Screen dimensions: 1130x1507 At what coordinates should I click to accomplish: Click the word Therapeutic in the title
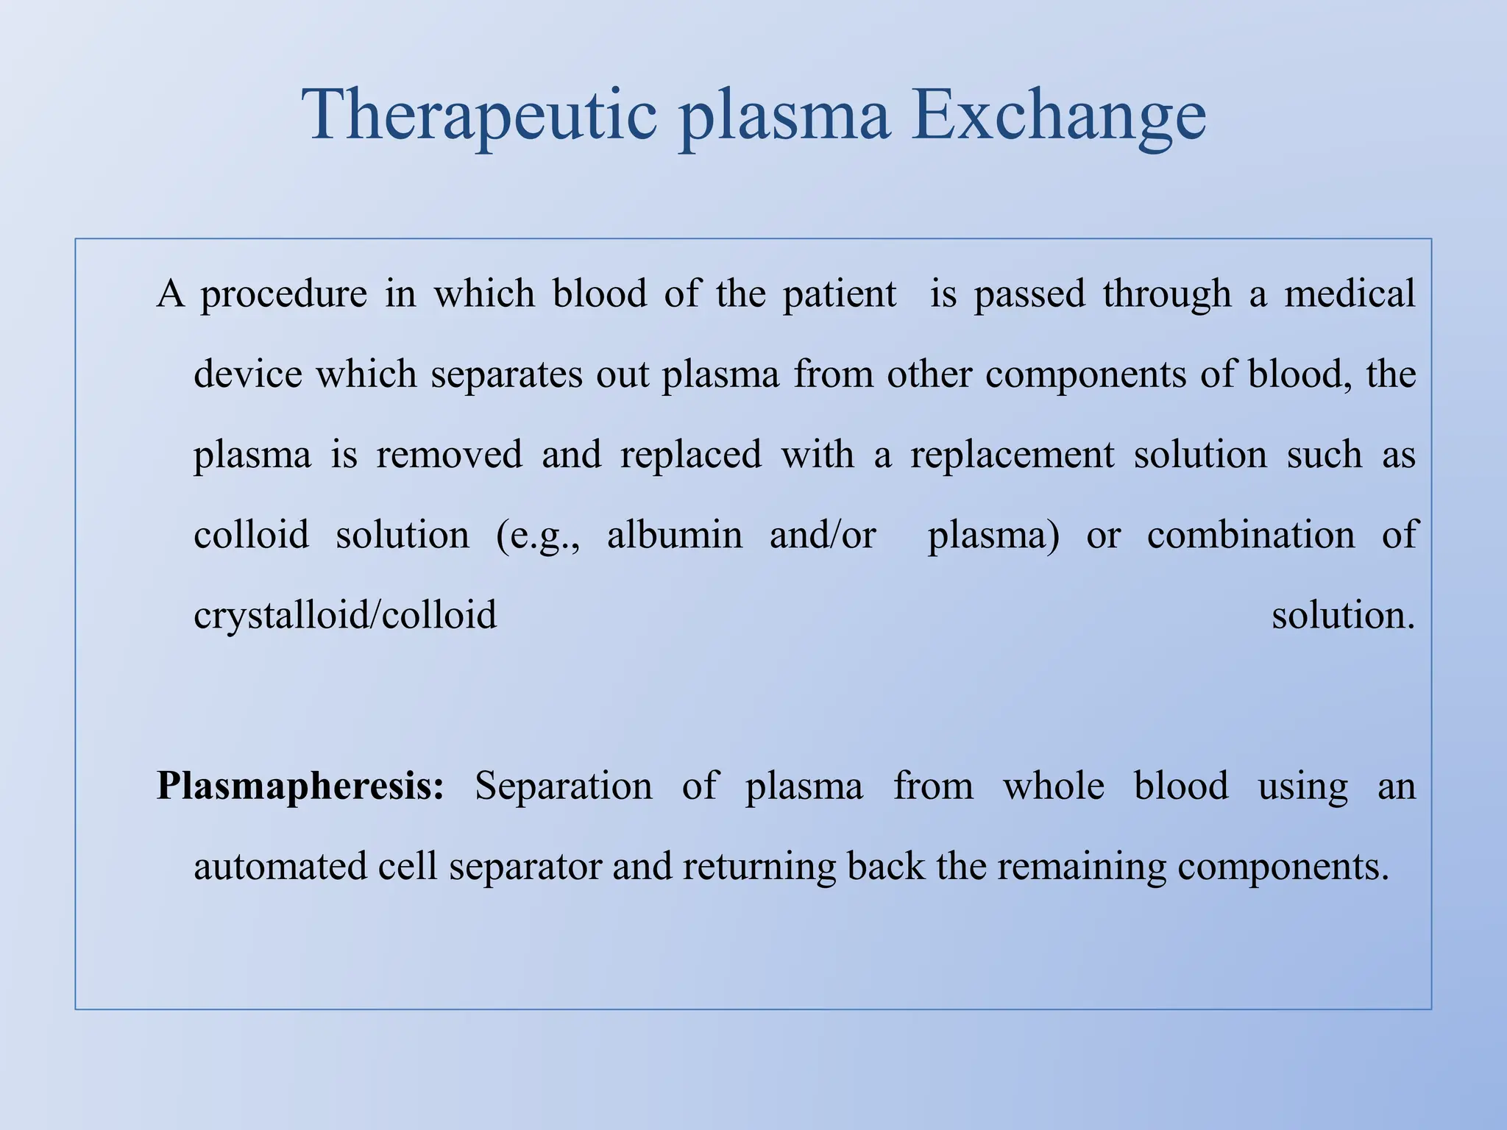pyautogui.click(x=479, y=116)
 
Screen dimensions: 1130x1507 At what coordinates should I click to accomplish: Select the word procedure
pyautogui.click(x=283, y=294)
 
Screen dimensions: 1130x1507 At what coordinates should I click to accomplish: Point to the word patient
pyautogui.click(x=839, y=294)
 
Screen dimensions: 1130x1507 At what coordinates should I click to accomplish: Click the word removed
pyautogui.click(x=449, y=454)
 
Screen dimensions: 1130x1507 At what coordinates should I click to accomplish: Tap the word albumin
pyautogui.click(x=674, y=534)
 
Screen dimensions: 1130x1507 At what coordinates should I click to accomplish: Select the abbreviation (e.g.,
pyautogui.click(x=538, y=536)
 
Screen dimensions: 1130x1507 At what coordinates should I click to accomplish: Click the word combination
pyautogui.click(x=1250, y=534)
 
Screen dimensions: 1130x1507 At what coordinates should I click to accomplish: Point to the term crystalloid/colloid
pyautogui.click(x=345, y=615)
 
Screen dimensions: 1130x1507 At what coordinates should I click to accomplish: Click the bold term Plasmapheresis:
pyautogui.click(x=300, y=786)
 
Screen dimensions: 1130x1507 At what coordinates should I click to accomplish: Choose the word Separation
pyautogui.click(x=563, y=786)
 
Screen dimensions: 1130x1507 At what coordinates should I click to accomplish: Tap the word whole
pyautogui.click(x=1053, y=785)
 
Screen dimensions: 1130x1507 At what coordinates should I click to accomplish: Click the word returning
pyautogui.click(x=759, y=867)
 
